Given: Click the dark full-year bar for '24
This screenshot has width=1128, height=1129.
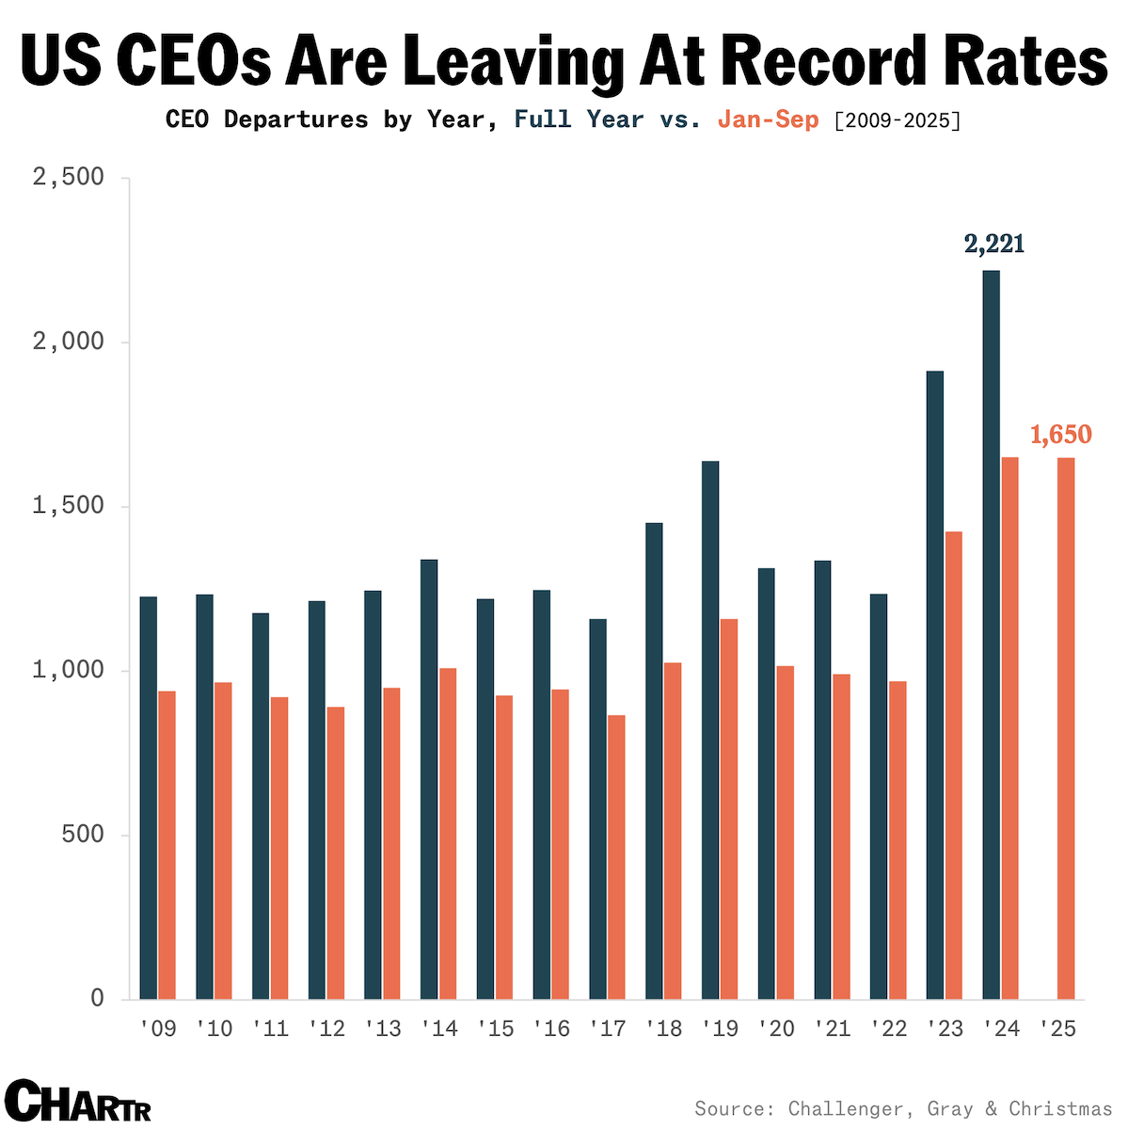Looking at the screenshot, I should (x=991, y=635).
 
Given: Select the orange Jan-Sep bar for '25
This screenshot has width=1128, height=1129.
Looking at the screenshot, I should (x=1066, y=728).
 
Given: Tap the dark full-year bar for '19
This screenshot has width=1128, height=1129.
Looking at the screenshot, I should (x=710, y=730).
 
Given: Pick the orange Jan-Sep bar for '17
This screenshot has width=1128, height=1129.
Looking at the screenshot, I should (x=616, y=857).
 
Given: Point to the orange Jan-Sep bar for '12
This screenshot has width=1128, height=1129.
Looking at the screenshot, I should (x=336, y=852).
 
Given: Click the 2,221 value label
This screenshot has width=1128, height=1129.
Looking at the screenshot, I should (x=994, y=245).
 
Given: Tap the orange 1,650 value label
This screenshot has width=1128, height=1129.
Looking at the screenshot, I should (x=1061, y=435).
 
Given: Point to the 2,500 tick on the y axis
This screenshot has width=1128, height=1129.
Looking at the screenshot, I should (x=68, y=178).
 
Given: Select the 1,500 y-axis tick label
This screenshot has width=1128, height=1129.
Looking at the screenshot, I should (x=68, y=506).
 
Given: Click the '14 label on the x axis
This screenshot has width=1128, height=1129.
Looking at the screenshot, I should (x=439, y=1028).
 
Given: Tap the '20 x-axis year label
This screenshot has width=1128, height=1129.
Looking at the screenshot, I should (x=777, y=1028).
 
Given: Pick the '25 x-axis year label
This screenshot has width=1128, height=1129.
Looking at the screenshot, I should (x=1057, y=1028).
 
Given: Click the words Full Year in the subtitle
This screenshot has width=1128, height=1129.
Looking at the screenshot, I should (x=579, y=119).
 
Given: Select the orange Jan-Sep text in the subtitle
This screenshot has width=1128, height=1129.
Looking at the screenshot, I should (x=768, y=119).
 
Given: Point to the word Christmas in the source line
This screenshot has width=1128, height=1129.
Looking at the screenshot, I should (x=1060, y=1108).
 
